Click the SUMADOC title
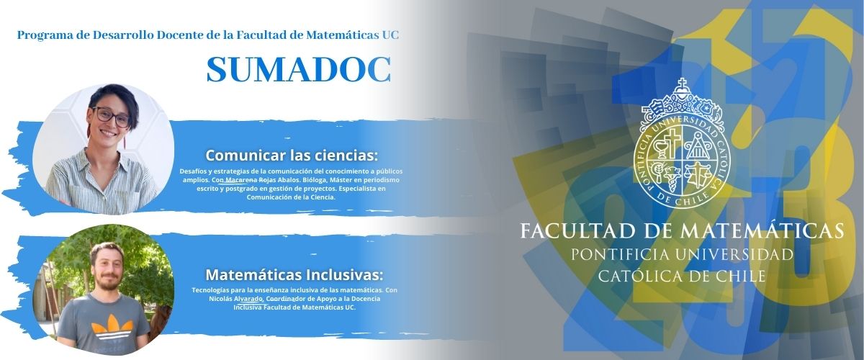point(299,69)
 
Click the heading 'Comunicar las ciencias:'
point(292,156)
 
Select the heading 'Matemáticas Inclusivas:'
point(294,275)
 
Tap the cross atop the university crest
point(683,84)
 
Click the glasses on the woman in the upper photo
point(111,116)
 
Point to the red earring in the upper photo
point(125,142)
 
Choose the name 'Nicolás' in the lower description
point(220,299)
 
